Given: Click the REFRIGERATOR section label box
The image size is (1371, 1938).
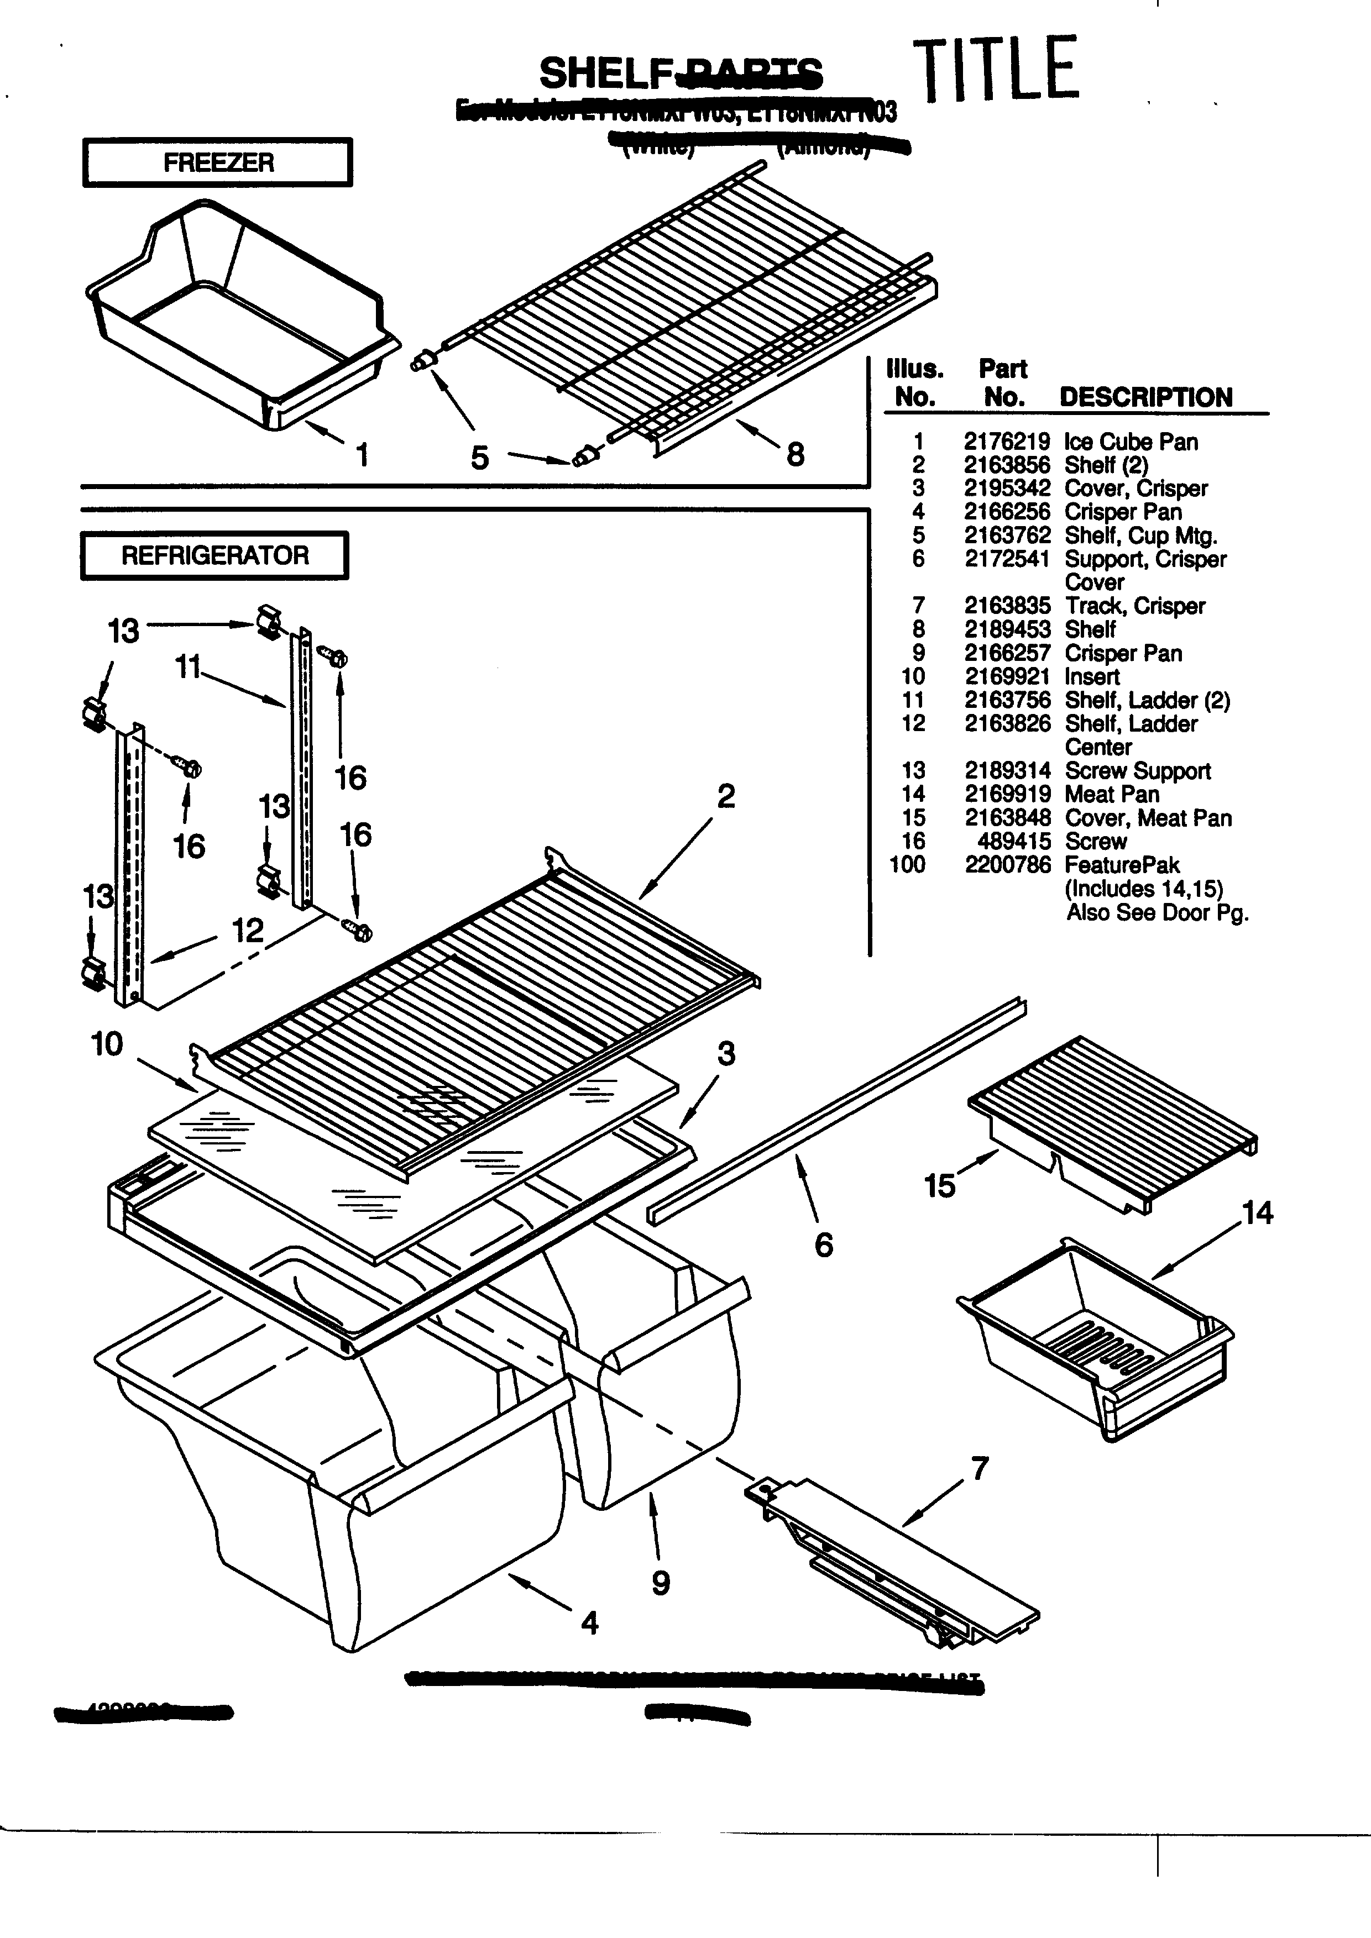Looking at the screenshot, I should (x=214, y=555).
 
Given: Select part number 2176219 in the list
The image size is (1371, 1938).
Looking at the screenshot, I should (x=1006, y=442).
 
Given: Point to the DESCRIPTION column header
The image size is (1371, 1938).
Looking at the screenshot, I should (x=1145, y=397).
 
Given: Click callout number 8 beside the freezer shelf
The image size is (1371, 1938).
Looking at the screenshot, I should (x=796, y=455).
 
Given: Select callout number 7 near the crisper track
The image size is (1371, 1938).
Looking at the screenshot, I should (x=979, y=1469).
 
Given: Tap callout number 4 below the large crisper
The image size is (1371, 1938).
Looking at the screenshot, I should (x=589, y=1622).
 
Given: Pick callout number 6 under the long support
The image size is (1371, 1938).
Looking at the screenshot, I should (x=824, y=1244).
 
